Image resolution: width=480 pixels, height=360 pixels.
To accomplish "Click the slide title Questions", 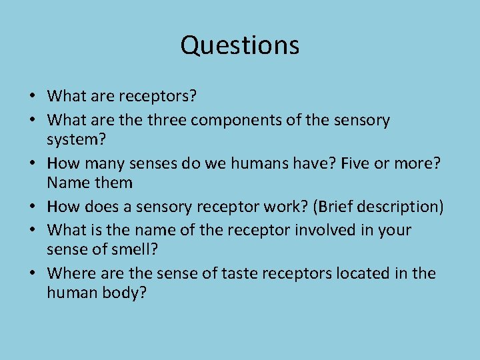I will click(240, 45).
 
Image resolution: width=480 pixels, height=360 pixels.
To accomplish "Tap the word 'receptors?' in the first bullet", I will click(158, 97).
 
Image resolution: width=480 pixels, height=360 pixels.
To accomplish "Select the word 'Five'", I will click(339, 163).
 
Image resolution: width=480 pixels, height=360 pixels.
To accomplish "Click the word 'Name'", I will click(65, 182).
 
